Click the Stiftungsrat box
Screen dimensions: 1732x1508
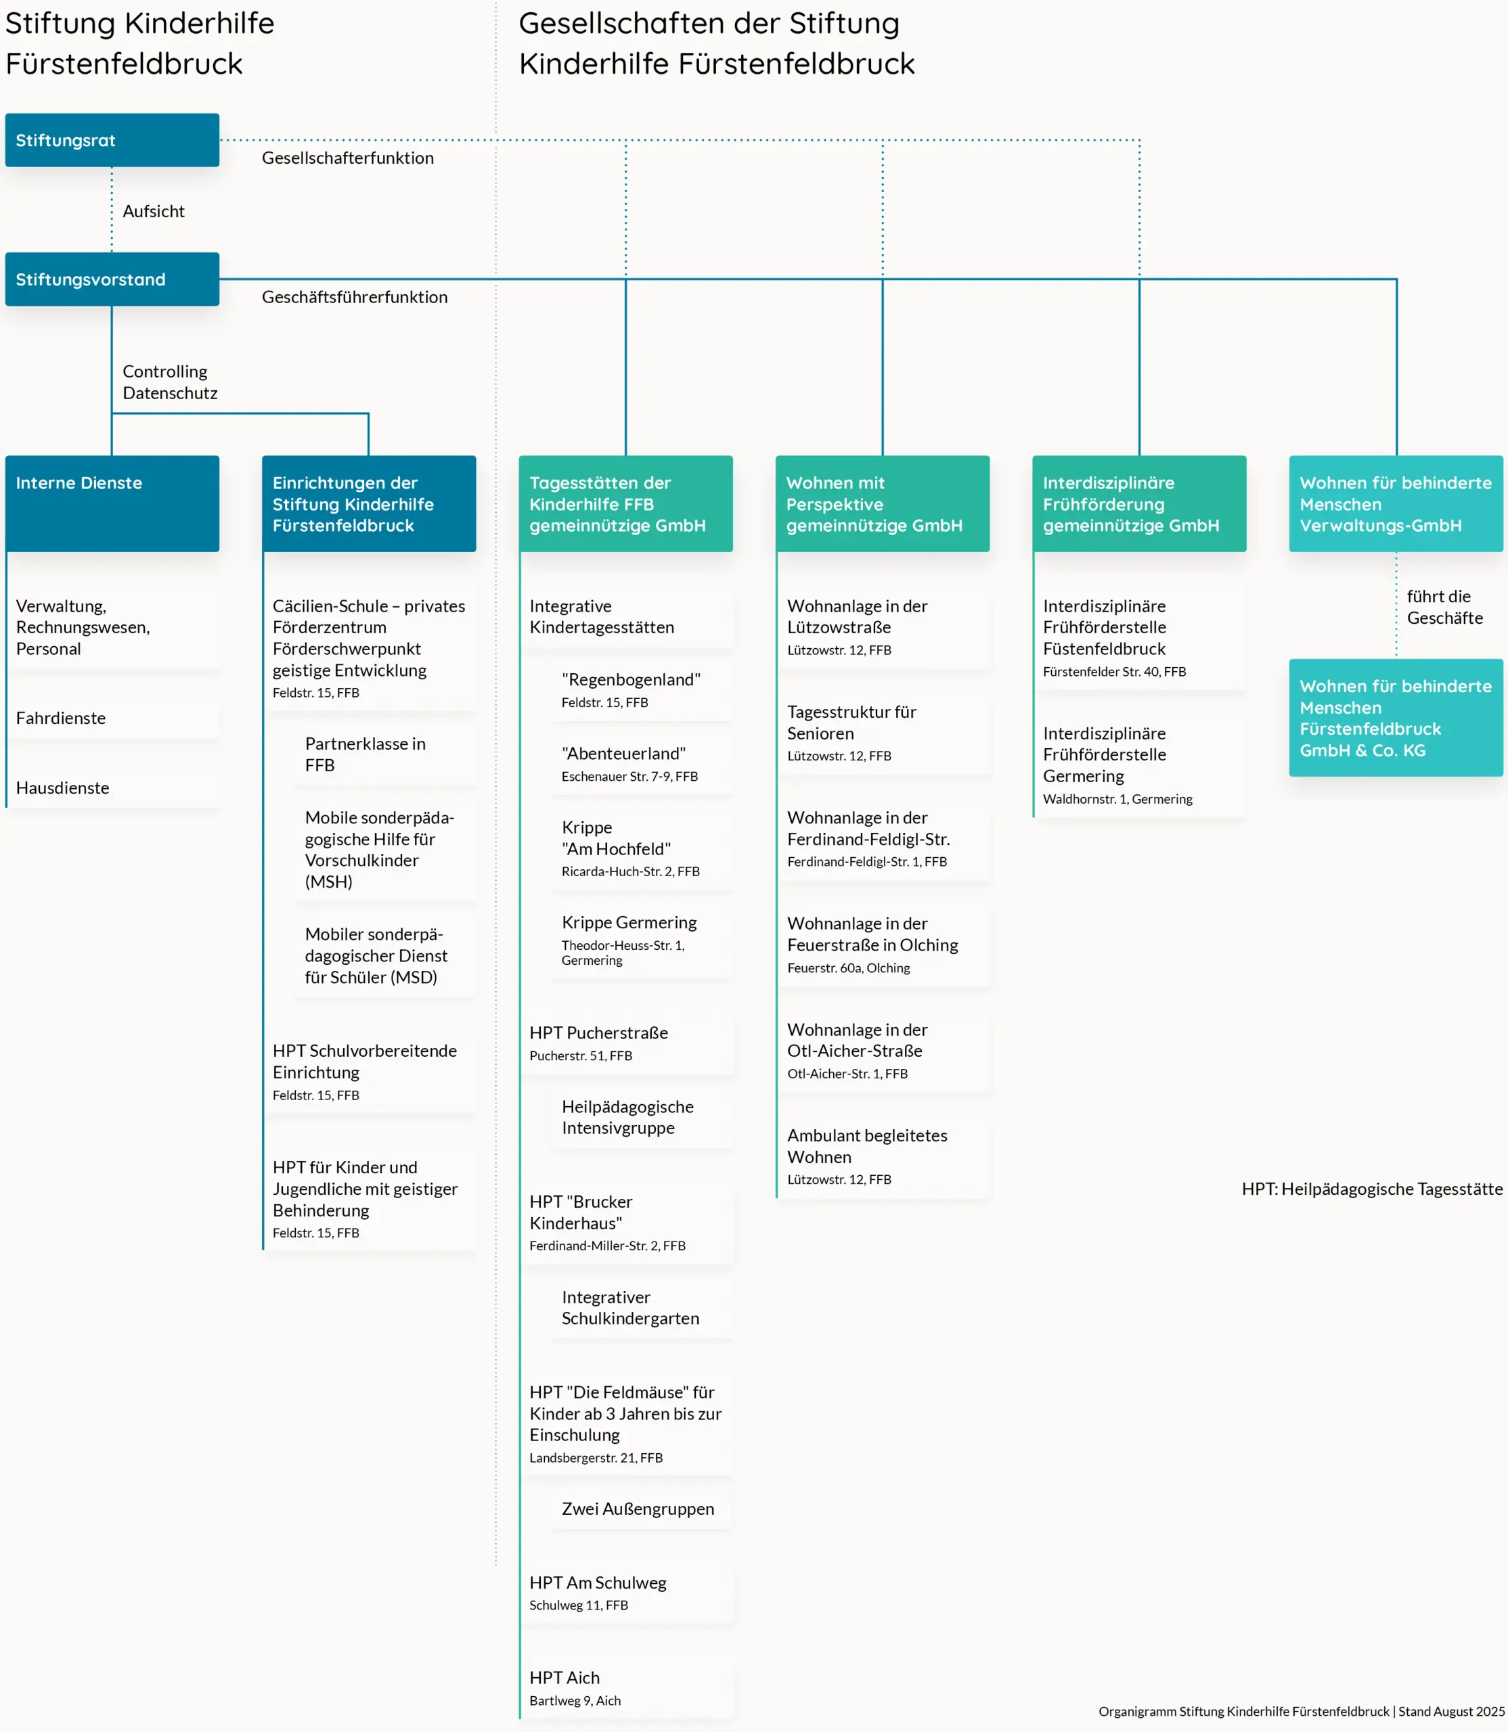coord(112,139)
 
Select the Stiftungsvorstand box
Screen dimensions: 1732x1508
coord(112,279)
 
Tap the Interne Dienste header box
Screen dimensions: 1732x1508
coord(112,503)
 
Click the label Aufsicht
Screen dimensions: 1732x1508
coord(153,211)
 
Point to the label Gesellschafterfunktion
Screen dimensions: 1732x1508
coord(347,158)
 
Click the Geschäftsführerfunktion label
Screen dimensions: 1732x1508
coord(354,297)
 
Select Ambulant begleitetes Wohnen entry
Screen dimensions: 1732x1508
coord(883,1155)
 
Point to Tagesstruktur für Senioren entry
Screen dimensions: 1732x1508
coord(883,732)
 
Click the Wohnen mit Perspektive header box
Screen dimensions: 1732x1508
coord(882,503)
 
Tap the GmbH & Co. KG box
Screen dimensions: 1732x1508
coord(1395,718)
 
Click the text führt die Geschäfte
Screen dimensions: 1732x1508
coord(1444,606)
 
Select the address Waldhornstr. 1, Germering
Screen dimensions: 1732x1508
coord(1117,798)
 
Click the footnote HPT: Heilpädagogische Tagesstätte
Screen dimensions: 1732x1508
coord(1372,1189)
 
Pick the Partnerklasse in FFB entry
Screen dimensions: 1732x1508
coord(383,754)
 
